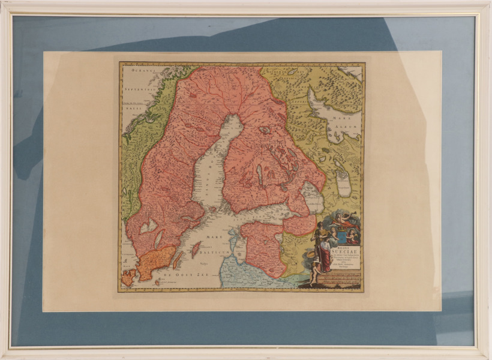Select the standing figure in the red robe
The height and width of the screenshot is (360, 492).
tap(325, 254)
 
